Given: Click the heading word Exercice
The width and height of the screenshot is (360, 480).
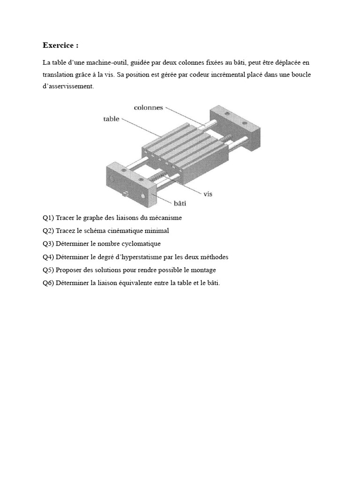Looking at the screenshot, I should [x=58, y=45].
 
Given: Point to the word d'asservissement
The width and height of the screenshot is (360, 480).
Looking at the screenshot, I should [x=68, y=86].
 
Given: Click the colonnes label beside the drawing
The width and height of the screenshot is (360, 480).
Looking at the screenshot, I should [x=148, y=107].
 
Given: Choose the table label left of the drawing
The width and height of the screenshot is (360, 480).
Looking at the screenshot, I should [x=111, y=119].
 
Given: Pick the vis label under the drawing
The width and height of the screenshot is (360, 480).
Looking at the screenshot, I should [x=209, y=193].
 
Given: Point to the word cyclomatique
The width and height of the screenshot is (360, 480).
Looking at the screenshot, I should [x=140, y=244].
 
